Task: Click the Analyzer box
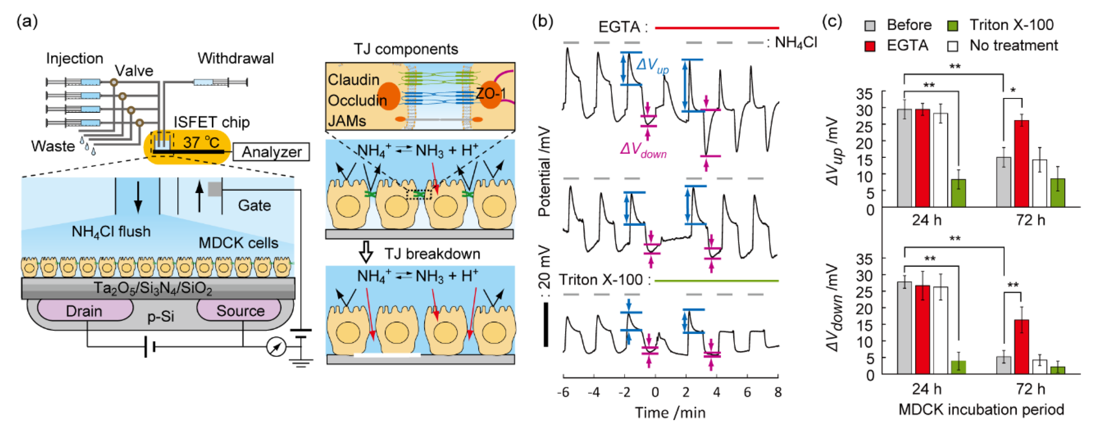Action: (x=272, y=151)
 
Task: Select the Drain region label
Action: (x=84, y=311)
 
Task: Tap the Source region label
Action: (x=240, y=311)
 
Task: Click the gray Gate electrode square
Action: (x=214, y=189)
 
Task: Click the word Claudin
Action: (x=353, y=80)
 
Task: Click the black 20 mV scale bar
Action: (x=546, y=324)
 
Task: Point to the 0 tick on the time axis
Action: (x=655, y=392)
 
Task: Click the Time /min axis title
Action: (x=670, y=412)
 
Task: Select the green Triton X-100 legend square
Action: (x=952, y=26)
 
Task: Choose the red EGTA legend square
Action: (x=870, y=46)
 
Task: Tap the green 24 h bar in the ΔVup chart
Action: (x=958, y=193)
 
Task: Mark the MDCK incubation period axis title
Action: (x=981, y=409)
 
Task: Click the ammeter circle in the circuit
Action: (x=276, y=347)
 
